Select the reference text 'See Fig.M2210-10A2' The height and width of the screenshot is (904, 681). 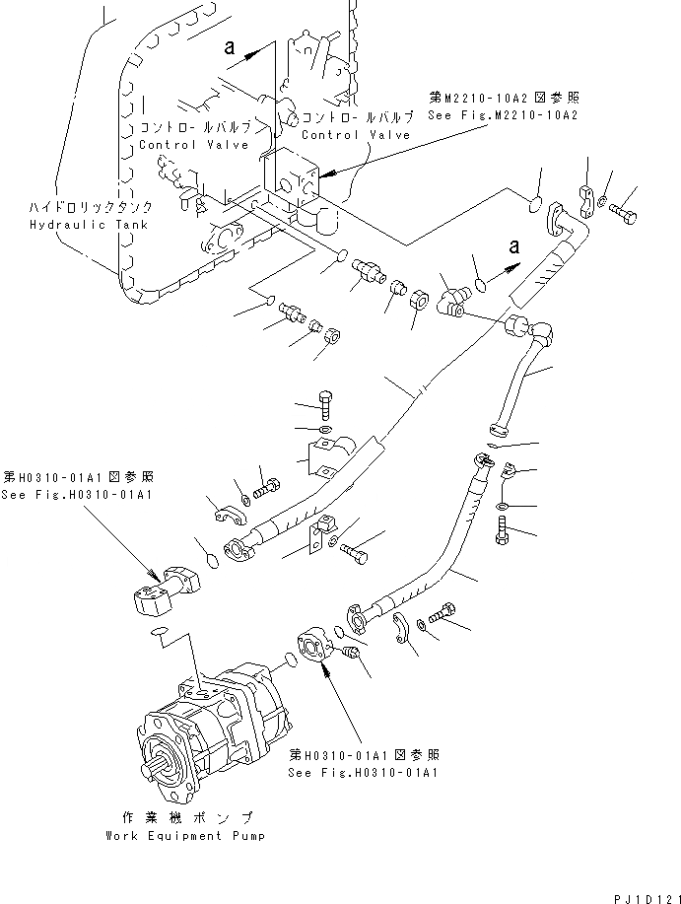pyautogui.click(x=503, y=115)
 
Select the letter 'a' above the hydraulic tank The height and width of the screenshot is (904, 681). pyautogui.click(x=230, y=45)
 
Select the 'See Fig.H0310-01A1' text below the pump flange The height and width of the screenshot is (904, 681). pyautogui.click(x=363, y=771)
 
